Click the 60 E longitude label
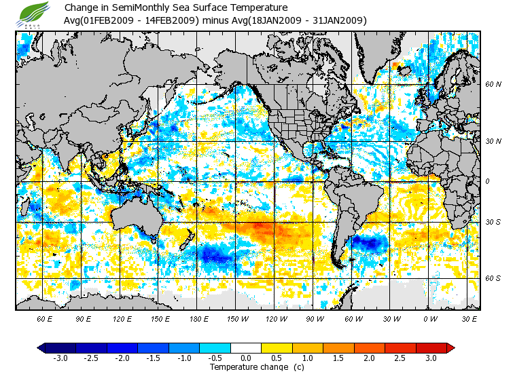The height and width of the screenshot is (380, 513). coord(45,318)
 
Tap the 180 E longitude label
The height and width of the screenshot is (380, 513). coord(198,318)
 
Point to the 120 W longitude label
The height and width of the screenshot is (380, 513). coord(275,318)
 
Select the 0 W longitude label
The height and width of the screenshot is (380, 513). coord(429,318)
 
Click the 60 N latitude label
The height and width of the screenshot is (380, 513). coord(493,85)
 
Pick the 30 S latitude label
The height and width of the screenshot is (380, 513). coord(493,223)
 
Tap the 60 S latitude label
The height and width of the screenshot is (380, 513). coord(493,278)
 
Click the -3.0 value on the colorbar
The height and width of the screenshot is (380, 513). coord(60,358)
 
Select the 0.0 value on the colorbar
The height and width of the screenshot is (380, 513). coord(246,358)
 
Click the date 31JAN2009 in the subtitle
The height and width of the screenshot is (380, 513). coord(340,20)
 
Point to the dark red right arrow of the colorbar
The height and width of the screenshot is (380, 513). coord(450,347)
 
